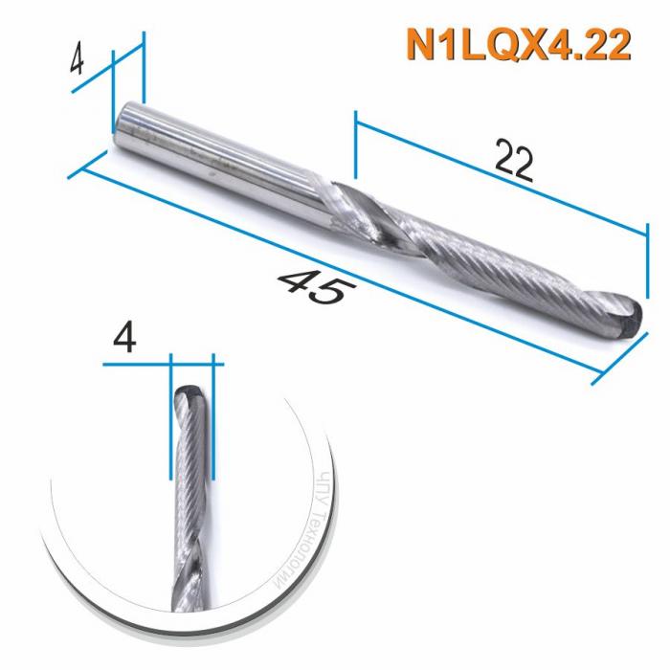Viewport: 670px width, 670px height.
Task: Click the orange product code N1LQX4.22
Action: (x=518, y=45)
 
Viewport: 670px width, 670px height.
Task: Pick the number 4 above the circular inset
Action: (x=123, y=335)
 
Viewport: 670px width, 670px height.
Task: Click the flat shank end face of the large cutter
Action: (x=118, y=130)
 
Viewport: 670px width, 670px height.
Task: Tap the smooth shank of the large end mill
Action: (x=220, y=153)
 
